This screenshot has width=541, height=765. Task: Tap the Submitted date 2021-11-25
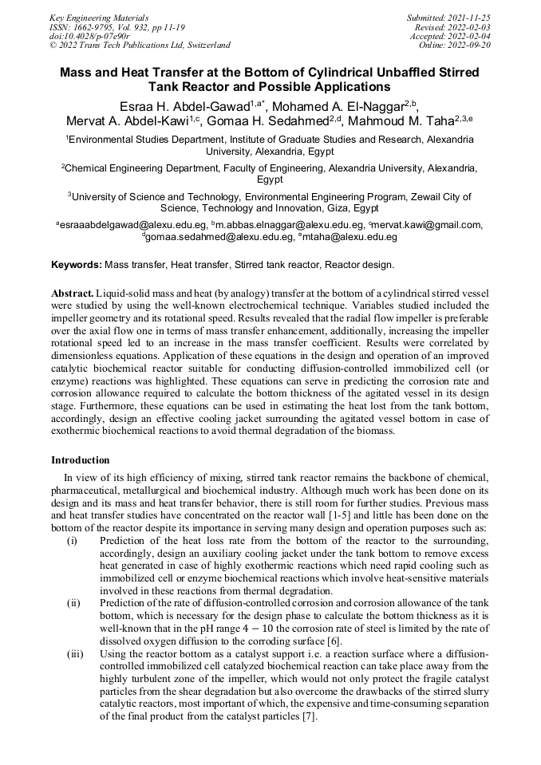point(472,18)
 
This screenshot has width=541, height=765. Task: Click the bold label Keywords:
point(77,264)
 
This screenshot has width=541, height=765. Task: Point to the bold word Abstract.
point(73,293)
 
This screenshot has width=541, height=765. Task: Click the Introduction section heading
point(81,460)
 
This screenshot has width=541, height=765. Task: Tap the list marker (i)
point(73,541)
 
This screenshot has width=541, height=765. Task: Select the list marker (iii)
point(74,653)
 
